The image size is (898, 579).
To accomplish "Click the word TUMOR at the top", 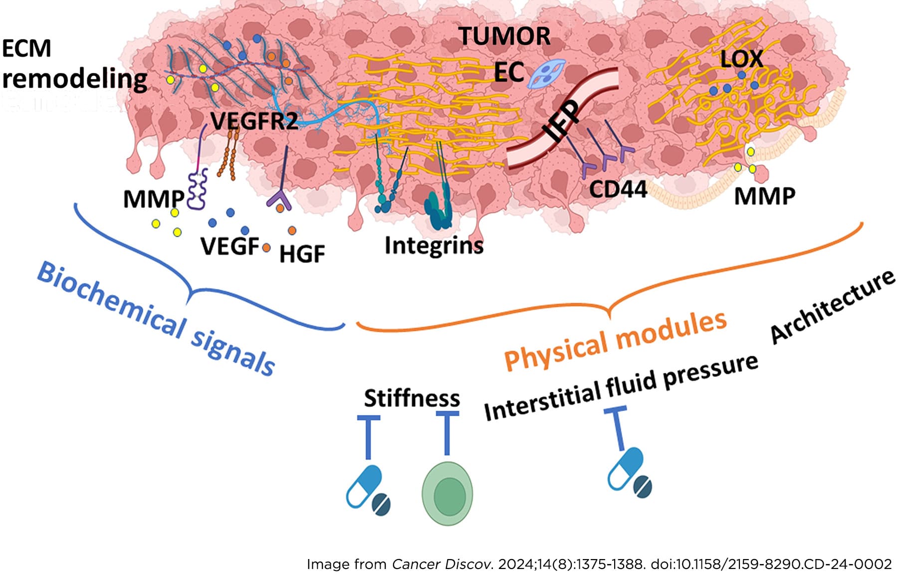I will point(504,36).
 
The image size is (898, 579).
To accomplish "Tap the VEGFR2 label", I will point(254,121).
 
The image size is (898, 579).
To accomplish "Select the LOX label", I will point(741,59).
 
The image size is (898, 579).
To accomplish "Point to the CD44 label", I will point(618,189).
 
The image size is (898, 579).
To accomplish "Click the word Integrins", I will point(434,246).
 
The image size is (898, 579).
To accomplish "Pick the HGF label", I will point(302,254).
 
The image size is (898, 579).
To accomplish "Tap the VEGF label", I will point(230,246).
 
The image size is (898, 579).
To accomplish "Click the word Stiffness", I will point(412,398).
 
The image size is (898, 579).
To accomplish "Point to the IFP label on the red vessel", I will point(561,121).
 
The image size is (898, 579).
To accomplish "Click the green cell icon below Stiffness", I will point(448,493).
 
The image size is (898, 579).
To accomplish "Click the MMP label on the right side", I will point(764,196).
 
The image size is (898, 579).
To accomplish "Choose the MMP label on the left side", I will point(154,199).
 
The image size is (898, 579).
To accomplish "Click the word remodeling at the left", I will point(75,79).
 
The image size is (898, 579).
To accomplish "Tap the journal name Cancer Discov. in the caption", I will point(442,565).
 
